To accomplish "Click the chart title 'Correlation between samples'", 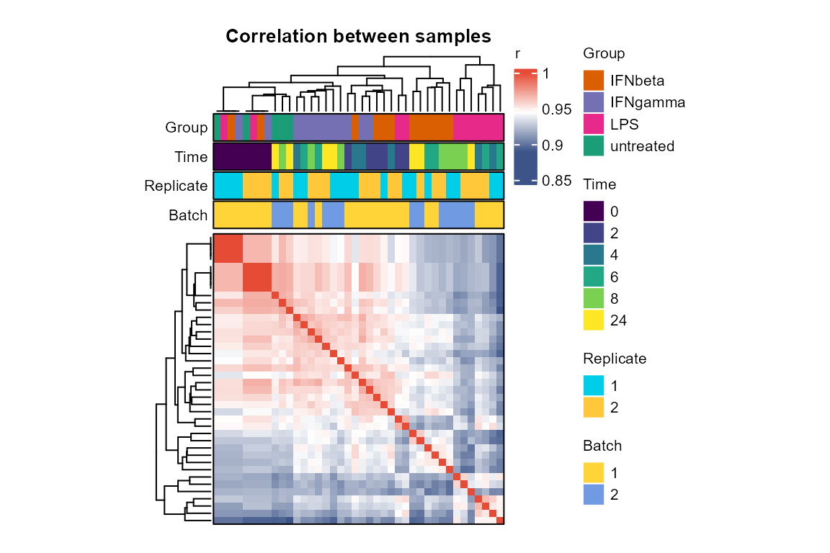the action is pyautogui.click(x=358, y=36).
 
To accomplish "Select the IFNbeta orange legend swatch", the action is pyautogui.click(x=594, y=81).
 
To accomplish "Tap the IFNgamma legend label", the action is pyautogui.click(x=648, y=102).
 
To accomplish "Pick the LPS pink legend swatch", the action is pyautogui.click(x=594, y=124).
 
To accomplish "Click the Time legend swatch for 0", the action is pyautogui.click(x=594, y=211).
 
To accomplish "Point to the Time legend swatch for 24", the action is pyautogui.click(x=594, y=320).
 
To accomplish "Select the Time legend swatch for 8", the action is pyautogui.click(x=594, y=298).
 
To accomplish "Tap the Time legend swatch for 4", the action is pyautogui.click(x=594, y=255).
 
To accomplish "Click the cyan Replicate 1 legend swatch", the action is pyautogui.click(x=594, y=385).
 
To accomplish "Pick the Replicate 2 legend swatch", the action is pyautogui.click(x=594, y=408).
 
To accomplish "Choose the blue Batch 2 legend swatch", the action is pyautogui.click(x=594, y=494).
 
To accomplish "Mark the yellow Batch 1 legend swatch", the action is pyautogui.click(x=594, y=472).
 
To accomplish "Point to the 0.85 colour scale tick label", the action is pyautogui.click(x=557, y=181).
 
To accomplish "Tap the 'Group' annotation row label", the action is pyautogui.click(x=187, y=127).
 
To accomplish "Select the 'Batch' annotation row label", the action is pyautogui.click(x=188, y=215).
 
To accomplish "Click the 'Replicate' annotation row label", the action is pyautogui.click(x=176, y=186).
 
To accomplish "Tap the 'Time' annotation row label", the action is pyautogui.click(x=191, y=157).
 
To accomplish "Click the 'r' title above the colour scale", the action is pyautogui.click(x=518, y=54).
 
